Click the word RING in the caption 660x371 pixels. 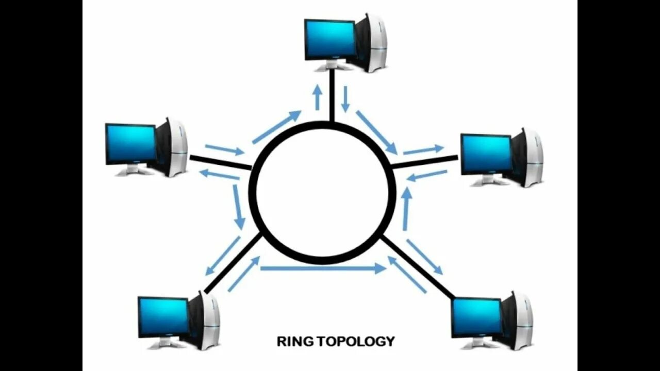pos(294,341)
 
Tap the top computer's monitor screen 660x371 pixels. pos(330,39)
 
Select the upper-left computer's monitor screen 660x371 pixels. pos(131,143)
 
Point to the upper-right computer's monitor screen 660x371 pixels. pos(486,154)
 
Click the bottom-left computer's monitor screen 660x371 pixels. pos(163,316)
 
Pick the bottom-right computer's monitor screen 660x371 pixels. pos(476,317)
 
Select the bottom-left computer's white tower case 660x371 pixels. pos(208,321)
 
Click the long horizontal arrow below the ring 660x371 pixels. pos(323,268)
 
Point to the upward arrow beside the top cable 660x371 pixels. pos(318,97)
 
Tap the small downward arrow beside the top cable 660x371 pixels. pos(345,98)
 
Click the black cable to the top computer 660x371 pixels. pos(332,95)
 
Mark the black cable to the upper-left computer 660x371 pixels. pos(220,162)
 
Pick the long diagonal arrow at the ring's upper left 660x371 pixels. pos(276,127)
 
